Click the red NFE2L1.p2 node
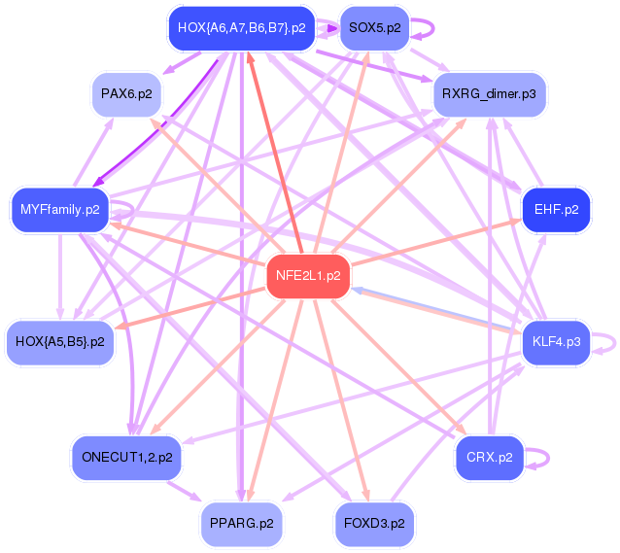(307, 275)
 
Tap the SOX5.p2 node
(374, 28)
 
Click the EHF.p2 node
(556, 209)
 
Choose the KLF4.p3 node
(556, 342)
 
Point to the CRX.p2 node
(490, 456)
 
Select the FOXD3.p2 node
(373, 524)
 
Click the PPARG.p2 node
(241, 524)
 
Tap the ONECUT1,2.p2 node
(125, 456)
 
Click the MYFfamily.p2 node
(59, 209)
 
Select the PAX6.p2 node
(125, 94)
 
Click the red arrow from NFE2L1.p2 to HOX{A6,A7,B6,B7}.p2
(274, 146)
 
